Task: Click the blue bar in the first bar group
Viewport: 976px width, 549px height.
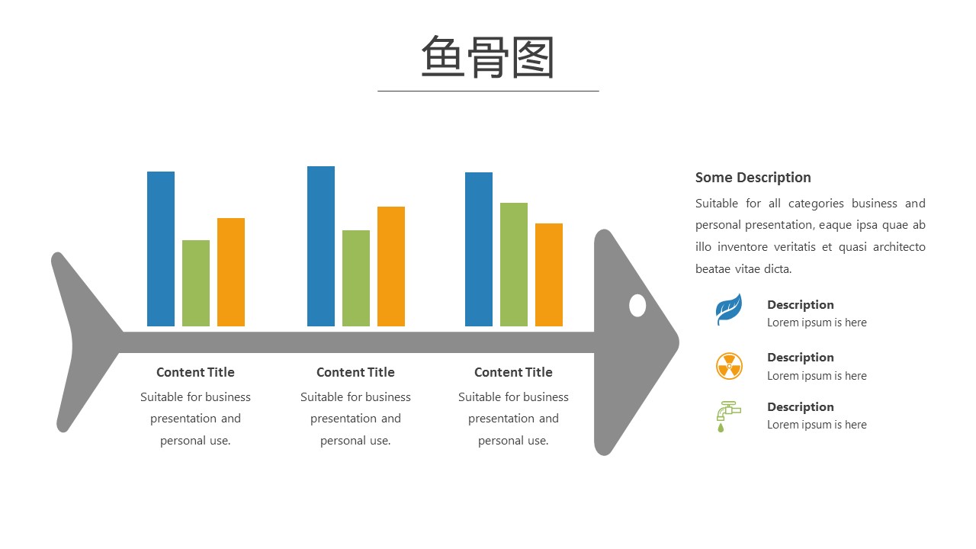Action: pyautogui.click(x=161, y=249)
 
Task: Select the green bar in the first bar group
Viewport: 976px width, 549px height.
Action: pyautogui.click(x=196, y=283)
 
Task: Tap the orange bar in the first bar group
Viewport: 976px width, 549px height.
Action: pyautogui.click(x=231, y=272)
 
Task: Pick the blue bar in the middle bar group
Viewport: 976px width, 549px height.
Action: pyautogui.click(x=321, y=246)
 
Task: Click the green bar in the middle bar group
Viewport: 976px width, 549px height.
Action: pyautogui.click(x=356, y=278)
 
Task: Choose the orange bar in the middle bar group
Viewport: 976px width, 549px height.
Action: pyautogui.click(x=391, y=266)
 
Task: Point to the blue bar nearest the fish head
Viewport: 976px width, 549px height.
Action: pyautogui.click(x=478, y=249)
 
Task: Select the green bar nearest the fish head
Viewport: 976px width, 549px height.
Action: pyautogui.click(x=514, y=265)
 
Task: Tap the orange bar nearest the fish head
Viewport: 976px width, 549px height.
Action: pyautogui.click(x=548, y=275)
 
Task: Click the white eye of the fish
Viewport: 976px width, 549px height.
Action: pyautogui.click(x=637, y=306)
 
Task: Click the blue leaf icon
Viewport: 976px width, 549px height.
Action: pyautogui.click(x=728, y=309)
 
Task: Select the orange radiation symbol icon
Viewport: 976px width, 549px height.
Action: pyautogui.click(x=729, y=366)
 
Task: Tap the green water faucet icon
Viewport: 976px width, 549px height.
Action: pyautogui.click(x=727, y=416)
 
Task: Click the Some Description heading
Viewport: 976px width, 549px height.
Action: pyautogui.click(x=753, y=178)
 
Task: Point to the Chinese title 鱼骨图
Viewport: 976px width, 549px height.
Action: pyautogui.click(x=487, y=57)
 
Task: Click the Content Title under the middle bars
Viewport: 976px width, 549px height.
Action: pyautogui.click(x=355, y=372)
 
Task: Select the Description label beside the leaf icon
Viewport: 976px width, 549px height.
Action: pyautogui.click(x=801, y=304)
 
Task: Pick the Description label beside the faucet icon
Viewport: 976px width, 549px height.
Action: pyautogui.click(x=801, y=406)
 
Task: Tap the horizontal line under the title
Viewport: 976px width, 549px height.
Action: pyautogui.click(x=488, y=91)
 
